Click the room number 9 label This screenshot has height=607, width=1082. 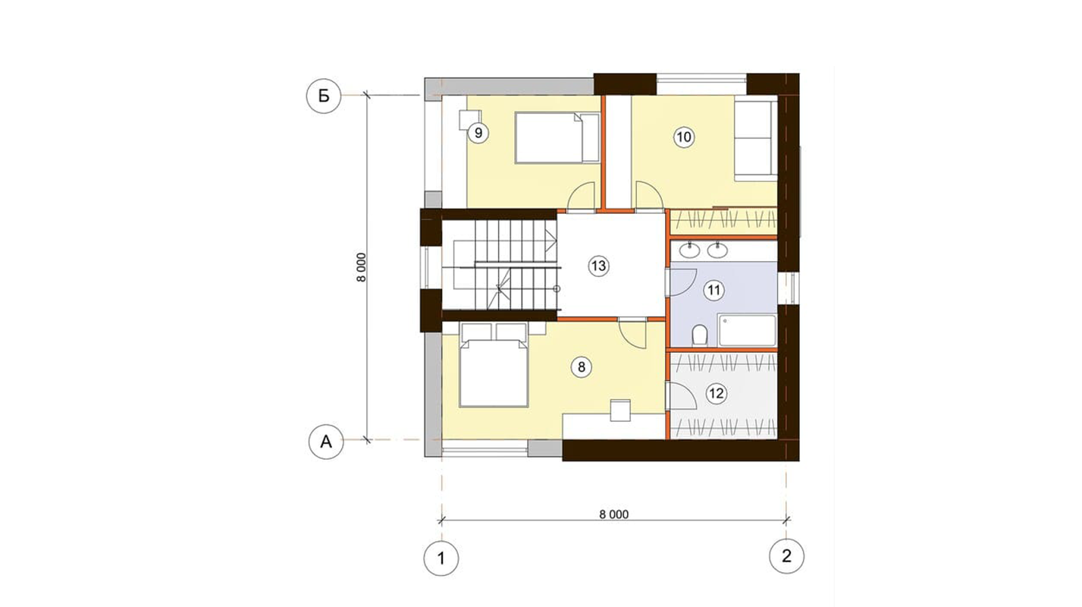(x=478, y=133)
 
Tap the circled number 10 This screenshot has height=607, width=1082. (x=683, y=137)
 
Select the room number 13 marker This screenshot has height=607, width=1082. (x=598, y=266)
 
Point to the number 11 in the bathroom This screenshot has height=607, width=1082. (x=714, y=291)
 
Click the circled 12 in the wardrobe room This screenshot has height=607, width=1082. (x=717, y=394)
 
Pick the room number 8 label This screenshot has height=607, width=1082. (x=581, y=367)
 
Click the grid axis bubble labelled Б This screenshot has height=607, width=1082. (x=324, y=96)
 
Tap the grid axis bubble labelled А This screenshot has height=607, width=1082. (x=326, y=442)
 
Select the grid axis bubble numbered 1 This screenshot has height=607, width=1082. (x=441, y=558)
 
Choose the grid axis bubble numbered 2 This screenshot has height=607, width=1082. (x=786, y=556)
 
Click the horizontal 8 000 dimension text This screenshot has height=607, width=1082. (x=614, y=514)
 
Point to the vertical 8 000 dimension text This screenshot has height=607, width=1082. (x=362, y=267)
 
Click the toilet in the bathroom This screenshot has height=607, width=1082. (x=700, y=335)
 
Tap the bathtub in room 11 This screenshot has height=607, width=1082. (x=747, y=331)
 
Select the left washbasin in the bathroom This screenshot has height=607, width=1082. (x=689, y=250)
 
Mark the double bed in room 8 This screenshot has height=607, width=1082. (x=493, y=373)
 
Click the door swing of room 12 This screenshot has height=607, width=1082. (x=681, y=395)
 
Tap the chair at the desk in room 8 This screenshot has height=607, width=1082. (x=621, y=410)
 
